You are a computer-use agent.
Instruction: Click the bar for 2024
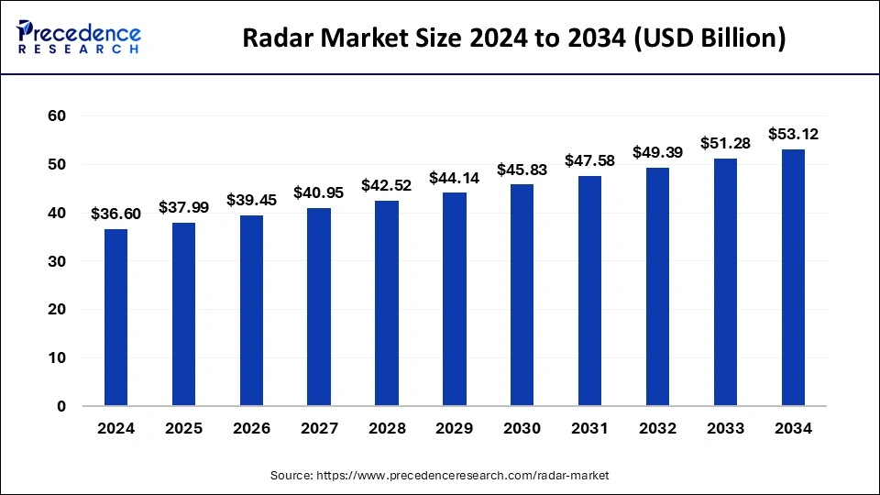pos(115,317)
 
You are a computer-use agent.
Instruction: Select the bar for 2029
pos(455,299)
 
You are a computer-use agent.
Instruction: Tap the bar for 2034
pos(793,277)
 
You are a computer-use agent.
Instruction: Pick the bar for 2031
pos(590,291)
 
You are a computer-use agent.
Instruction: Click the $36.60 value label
pos(115,214)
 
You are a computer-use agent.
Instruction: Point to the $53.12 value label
pos(793,134)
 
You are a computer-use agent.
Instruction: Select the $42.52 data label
pos(387,185)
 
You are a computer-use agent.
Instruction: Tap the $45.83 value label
pos(522,170)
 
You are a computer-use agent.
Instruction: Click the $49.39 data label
pos(657,151)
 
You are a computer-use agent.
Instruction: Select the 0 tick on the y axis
pos(61,406)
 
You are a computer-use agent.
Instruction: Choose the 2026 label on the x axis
pos(251,429)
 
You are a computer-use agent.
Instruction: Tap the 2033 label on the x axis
pos(725,429)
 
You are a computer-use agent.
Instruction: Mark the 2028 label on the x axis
pos(387,429)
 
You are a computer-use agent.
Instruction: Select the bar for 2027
pos(319,307)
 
